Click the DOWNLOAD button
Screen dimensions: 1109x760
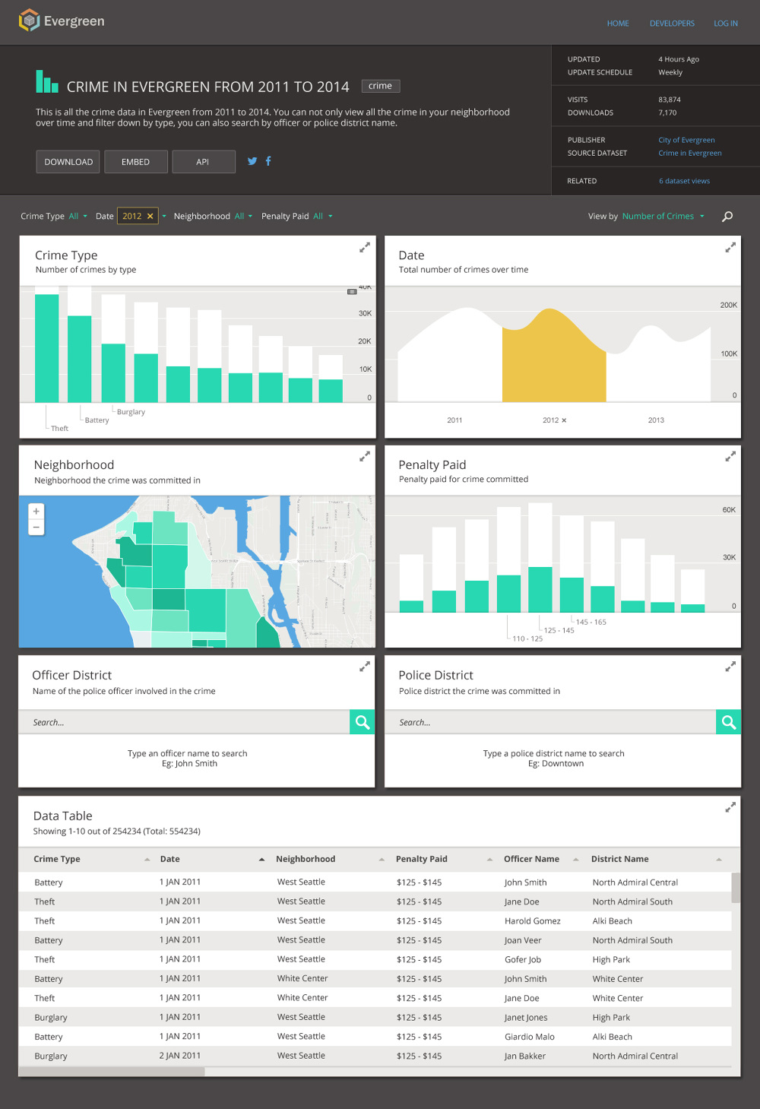[68, 162]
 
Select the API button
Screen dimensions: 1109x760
[203, 162]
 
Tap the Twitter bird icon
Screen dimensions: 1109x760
[252, 161]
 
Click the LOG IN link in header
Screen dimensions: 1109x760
[725, 24]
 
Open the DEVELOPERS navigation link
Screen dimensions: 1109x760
[672, 24]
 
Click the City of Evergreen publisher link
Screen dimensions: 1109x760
[686, 140]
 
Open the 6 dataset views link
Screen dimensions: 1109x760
[684, 181]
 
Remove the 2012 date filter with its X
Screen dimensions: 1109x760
[150, 217]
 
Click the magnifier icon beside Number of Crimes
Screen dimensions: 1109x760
[727, 217]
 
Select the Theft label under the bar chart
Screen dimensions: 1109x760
[59, 429]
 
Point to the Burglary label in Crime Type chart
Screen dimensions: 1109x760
[131, 412]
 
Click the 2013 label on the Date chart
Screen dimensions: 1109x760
[656, 420]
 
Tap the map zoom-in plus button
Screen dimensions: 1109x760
[36, 512]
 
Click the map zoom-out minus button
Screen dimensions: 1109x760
[36, 528]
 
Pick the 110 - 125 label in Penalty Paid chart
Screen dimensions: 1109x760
[527, 639]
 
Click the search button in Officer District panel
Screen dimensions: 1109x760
[363, 722]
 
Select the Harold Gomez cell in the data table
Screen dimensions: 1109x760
[532, 921]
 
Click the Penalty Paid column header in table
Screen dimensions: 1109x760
[422, 859]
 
